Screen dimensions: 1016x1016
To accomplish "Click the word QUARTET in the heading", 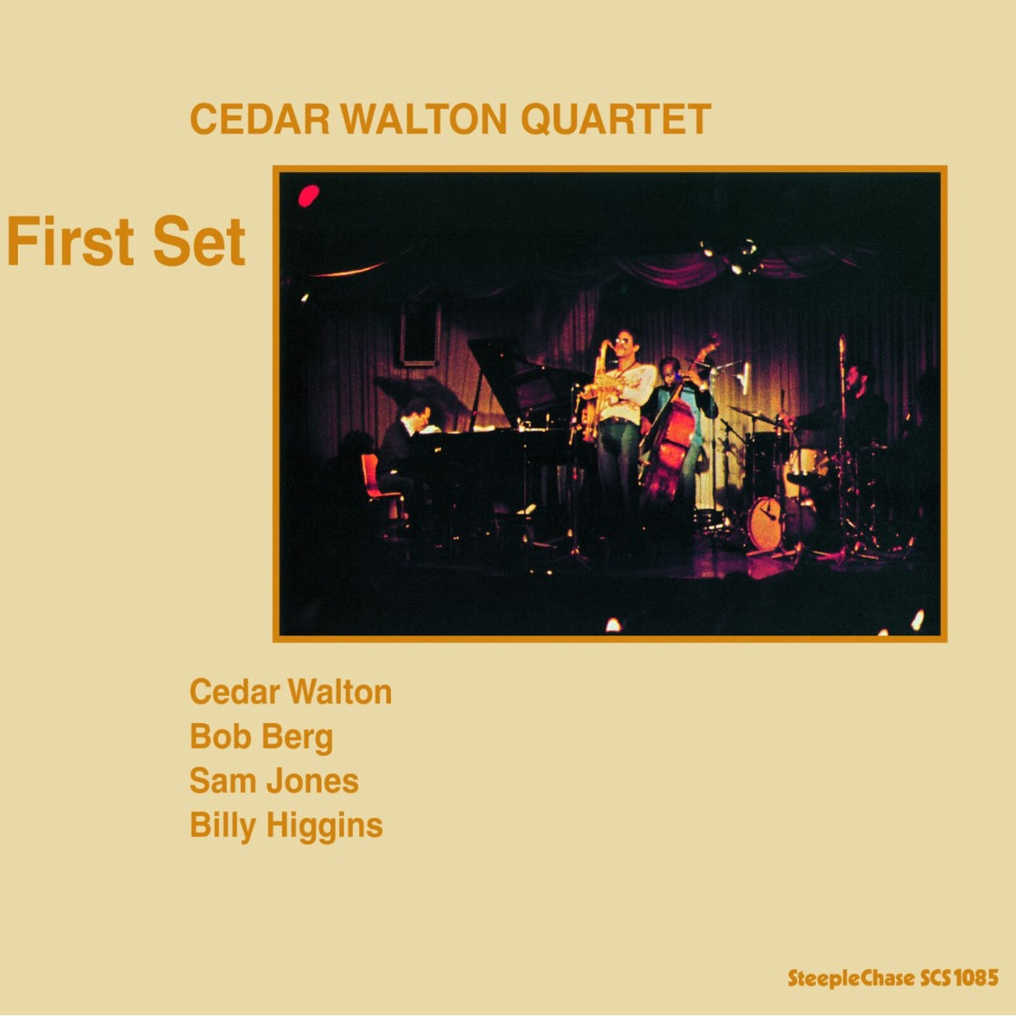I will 615,119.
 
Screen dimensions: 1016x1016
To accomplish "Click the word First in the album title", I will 73,242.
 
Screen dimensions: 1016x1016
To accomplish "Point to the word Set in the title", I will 200,242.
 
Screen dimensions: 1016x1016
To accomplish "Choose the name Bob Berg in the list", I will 261,737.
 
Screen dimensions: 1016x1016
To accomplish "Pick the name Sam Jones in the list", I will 273,781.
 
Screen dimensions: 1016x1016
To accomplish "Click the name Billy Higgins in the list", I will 286,825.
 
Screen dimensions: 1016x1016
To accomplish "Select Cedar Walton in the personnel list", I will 290,692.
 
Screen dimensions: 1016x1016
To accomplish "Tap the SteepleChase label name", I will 851,978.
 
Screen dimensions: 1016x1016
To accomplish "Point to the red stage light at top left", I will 308,196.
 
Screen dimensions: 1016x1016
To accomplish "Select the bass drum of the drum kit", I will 765,522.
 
